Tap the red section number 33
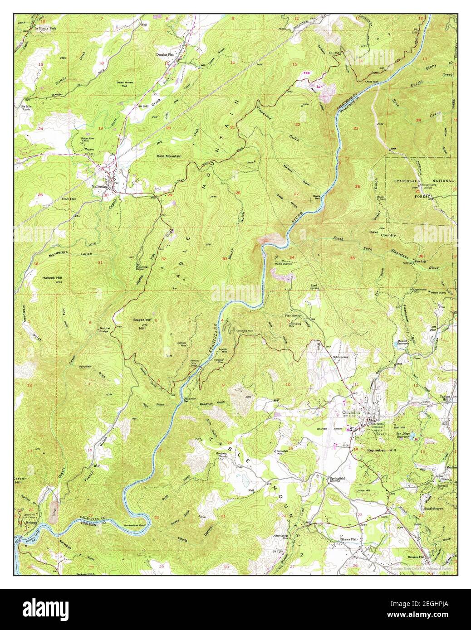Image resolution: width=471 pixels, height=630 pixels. pos(225,259)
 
